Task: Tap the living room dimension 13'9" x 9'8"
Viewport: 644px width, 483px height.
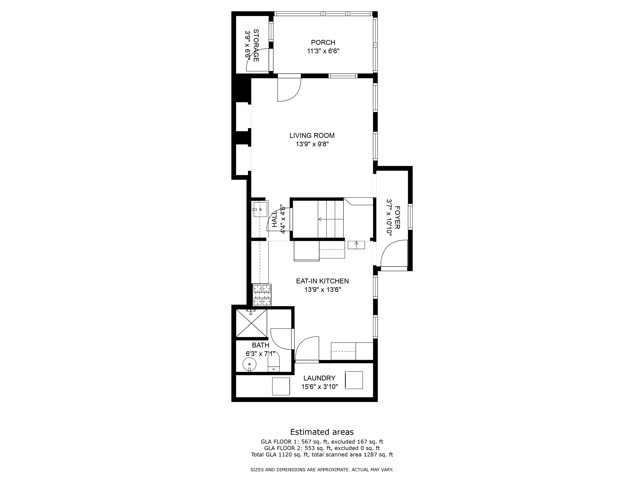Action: tap(312, 144)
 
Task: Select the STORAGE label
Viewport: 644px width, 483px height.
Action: tap(256, 45)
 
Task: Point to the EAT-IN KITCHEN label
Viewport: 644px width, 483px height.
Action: tap(322, 281)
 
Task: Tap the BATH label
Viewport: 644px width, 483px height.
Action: tap(261, 345)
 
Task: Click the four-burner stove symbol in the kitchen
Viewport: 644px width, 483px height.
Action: tap(262, 295)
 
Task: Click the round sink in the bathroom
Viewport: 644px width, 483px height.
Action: tap(249, 364)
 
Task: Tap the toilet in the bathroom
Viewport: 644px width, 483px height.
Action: tap(273, 362)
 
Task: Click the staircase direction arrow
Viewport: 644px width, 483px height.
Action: tap(320, 219)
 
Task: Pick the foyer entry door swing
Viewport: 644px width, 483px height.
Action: tap(393, 253)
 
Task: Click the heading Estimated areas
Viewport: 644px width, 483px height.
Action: tap(322, 432)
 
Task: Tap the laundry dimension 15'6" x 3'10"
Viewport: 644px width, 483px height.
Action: tap(319, 387)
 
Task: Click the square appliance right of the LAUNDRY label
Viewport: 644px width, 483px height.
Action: tap(354, 380)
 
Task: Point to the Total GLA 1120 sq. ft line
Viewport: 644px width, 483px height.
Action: tap(322, 454)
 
